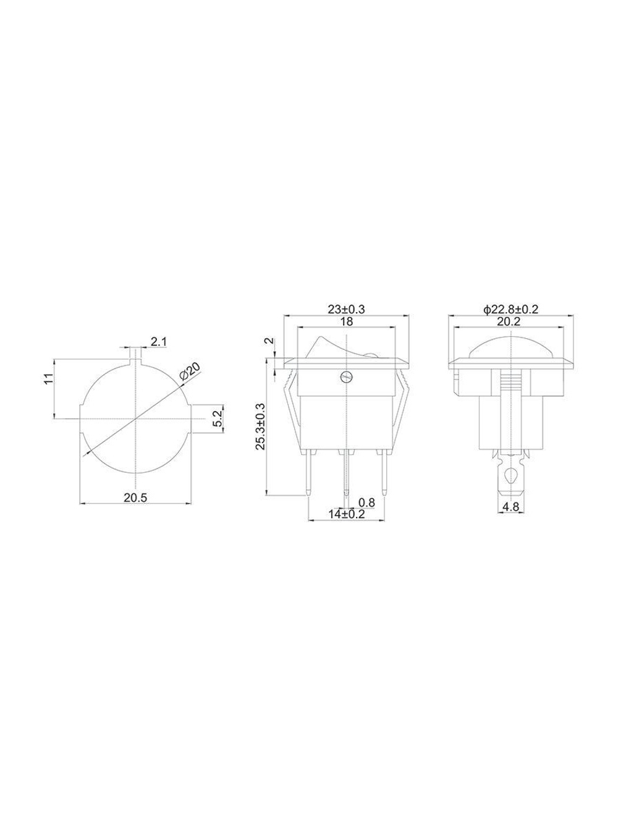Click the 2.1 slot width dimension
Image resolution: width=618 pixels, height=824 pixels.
(x=159, y=342)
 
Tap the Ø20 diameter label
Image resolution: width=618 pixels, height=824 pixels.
(x=190, y=373)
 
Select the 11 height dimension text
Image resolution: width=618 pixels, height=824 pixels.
(x=47, y=379)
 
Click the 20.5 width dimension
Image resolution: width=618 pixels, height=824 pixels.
(x=135, y=498)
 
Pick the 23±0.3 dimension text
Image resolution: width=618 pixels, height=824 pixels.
(x=346, y=309)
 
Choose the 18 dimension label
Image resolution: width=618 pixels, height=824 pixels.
(x=346, y=321)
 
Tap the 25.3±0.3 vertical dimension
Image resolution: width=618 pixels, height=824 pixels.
(x=260, y=426)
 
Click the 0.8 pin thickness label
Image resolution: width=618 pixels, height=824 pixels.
(x=366, y=502)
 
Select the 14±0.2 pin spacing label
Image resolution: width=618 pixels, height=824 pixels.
(x=346, y=514)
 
